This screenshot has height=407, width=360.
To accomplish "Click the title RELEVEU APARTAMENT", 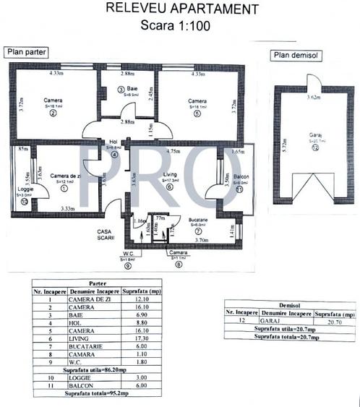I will point(181,9).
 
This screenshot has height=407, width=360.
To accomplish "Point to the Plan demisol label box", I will point(296,56).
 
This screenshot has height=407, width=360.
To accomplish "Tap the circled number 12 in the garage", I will point(314,147).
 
